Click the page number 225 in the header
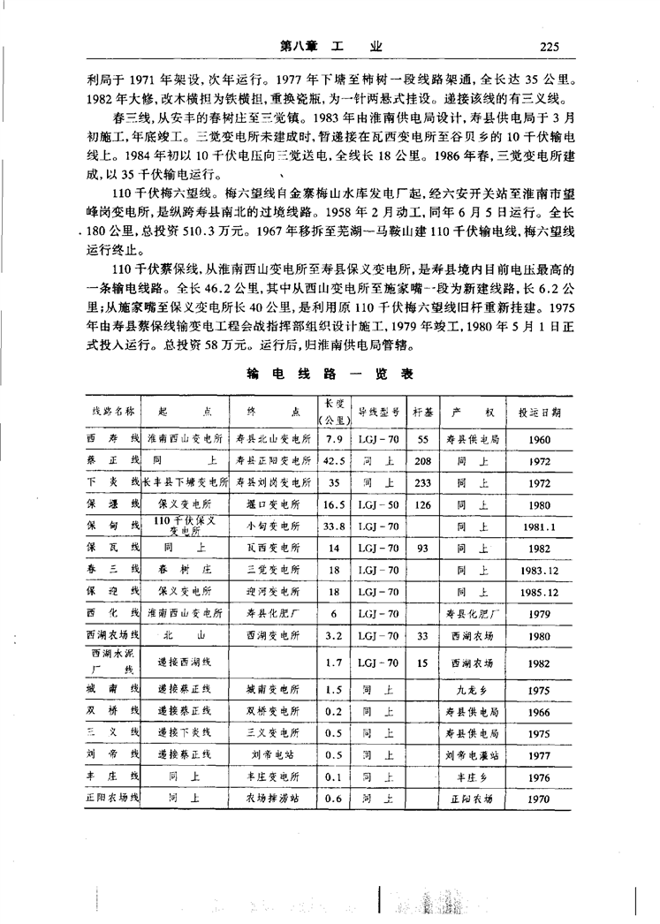[550, 47]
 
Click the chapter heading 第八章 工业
[331, 47]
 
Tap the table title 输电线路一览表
[331, 374]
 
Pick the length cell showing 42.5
[334, 460]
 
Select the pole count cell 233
[422, 483]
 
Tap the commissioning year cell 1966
[541, 711]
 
